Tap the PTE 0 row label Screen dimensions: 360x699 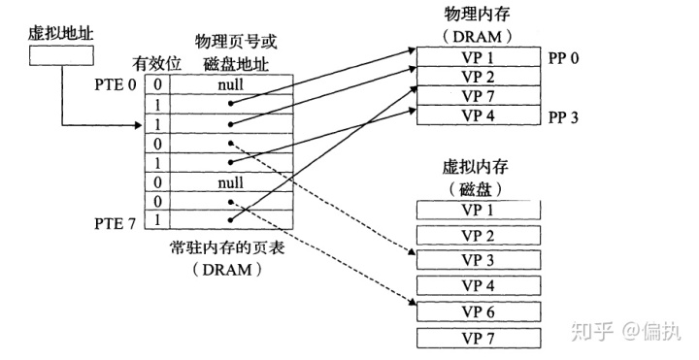click(117, 83)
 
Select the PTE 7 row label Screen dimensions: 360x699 click(117, 221)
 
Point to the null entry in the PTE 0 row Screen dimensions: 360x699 click(229, 84)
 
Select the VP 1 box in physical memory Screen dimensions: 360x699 click(477, 57)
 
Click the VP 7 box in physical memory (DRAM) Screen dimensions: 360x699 click(477, 96)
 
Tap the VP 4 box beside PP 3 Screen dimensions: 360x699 click(477, 115)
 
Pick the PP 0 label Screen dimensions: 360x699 click(564, 57)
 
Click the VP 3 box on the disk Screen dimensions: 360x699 click(477, 260)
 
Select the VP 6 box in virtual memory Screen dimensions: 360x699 click(477, 311)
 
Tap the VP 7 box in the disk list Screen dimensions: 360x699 click(477, 338)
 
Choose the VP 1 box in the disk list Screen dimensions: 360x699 click(477, 209)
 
